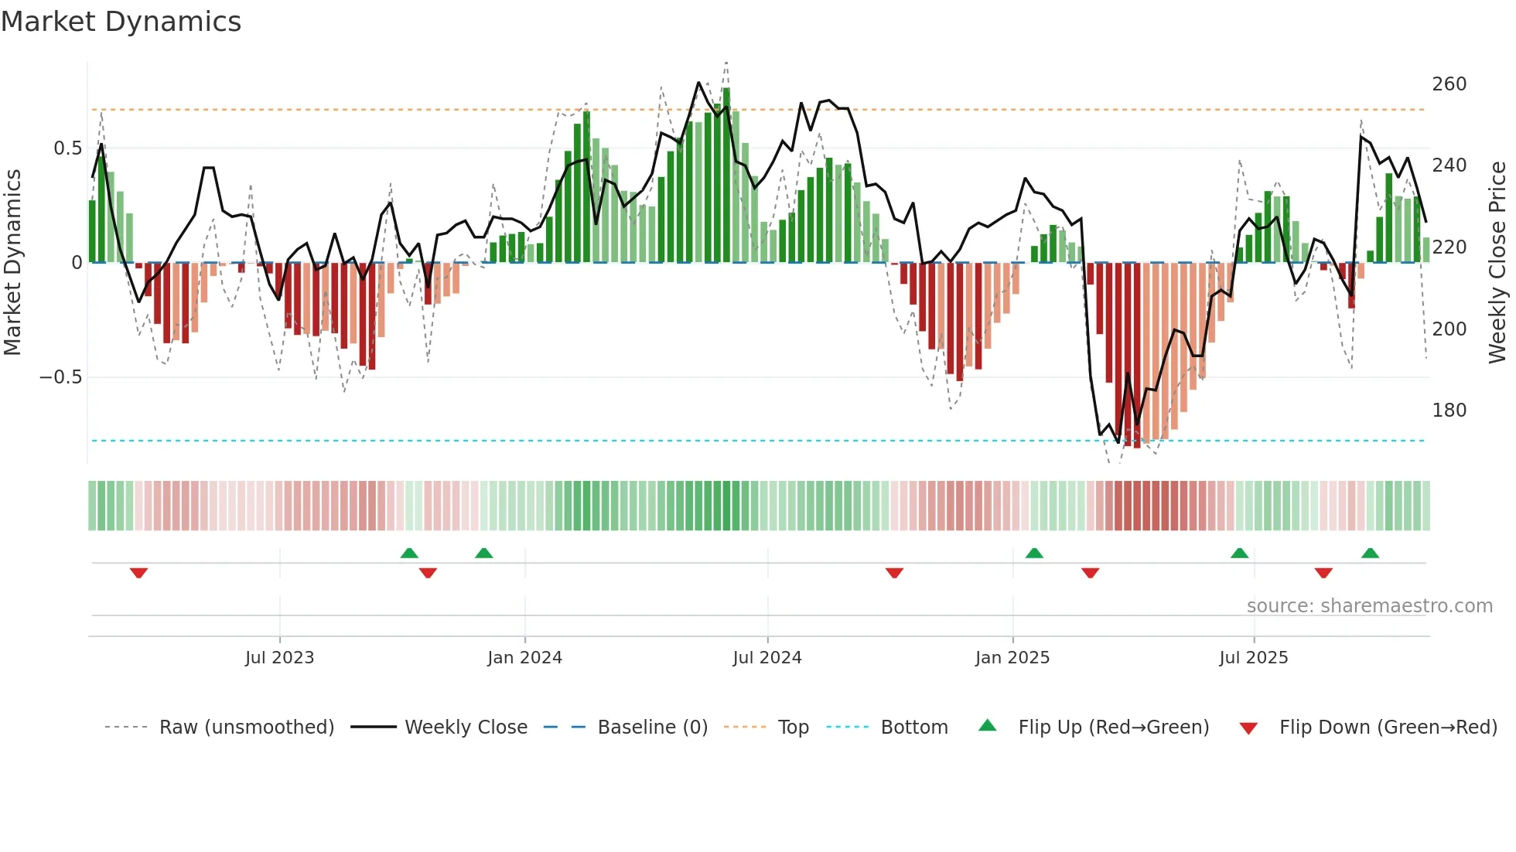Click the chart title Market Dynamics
[121, 22]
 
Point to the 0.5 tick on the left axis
[67, 148]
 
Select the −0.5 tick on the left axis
[61, 377]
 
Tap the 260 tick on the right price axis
[1449, 84]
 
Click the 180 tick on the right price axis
[1449, 411]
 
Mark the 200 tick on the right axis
[1449, 329]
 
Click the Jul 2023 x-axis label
[279, 658]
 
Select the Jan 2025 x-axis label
[1012, 658]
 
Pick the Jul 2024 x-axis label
[767, 658]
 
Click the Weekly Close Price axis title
[1497, 263]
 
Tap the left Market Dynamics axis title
[12, 263]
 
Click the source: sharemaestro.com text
[1369, 606]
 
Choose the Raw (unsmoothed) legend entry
[246, 728]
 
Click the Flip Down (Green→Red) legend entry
[1388, 728]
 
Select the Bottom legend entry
[913, 728]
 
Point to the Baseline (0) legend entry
[652, 728]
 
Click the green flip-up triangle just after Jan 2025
[1034, 553]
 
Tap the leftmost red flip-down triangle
[138, 573]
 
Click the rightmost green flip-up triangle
[1370, 553]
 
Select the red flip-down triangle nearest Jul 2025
[1323, 573]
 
